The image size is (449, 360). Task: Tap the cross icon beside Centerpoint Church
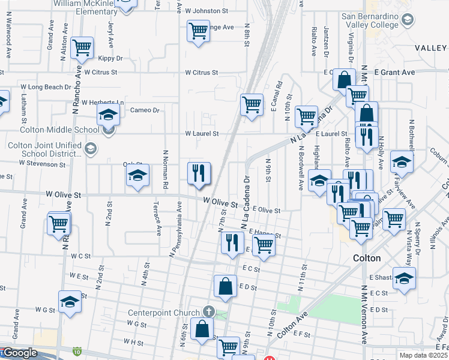[208, 311]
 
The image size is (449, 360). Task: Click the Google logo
[19, 353]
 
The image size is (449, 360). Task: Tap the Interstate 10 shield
[76, 350]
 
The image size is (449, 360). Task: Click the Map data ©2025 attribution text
[423, 355]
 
